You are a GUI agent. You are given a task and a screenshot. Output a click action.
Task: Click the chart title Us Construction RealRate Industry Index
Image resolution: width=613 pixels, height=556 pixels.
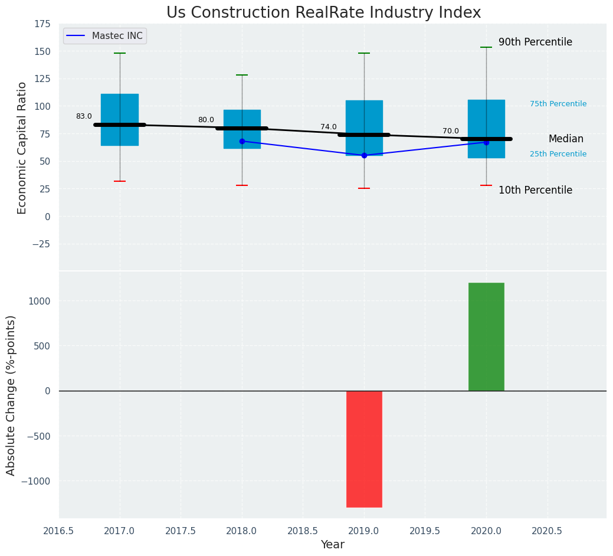tap(323, 13)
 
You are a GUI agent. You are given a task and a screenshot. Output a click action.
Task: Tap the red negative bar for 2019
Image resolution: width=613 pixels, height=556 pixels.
tap(364, 449)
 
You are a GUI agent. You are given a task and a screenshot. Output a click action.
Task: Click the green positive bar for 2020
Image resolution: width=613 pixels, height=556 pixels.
tap(486, 336)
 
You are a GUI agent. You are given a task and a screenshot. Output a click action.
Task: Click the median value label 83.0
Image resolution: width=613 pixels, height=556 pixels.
tap(84, 117)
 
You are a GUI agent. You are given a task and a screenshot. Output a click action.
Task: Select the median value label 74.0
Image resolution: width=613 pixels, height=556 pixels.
tap(329, 127)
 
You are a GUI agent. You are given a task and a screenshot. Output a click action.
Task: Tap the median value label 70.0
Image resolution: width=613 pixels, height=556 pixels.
tap(451, 131)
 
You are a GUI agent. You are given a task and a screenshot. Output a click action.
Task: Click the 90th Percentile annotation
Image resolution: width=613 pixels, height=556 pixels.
tap(535, 42)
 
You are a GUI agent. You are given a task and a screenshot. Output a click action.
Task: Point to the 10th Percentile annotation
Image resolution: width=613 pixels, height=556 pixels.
tap(535, 190)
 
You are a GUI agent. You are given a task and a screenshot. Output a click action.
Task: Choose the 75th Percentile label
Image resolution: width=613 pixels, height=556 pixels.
tap(558, 104)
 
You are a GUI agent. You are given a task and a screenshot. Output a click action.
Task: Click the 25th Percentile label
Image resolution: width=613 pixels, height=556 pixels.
tap(558, 154)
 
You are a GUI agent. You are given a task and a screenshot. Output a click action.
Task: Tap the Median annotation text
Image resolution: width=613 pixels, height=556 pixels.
tap(566, 139)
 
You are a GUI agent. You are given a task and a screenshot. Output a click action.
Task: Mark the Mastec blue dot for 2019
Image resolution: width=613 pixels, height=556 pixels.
tap(364, 155)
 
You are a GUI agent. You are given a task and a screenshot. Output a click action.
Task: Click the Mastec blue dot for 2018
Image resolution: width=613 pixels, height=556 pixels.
tap(242, 141)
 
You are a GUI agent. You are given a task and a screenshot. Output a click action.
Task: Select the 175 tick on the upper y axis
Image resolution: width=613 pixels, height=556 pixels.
tap(42, 24)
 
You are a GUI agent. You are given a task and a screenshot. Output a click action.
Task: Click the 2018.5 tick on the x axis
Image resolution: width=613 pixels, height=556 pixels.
tap(303, 531)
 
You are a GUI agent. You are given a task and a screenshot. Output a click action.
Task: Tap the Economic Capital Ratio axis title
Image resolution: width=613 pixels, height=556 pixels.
tap(22, 148)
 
